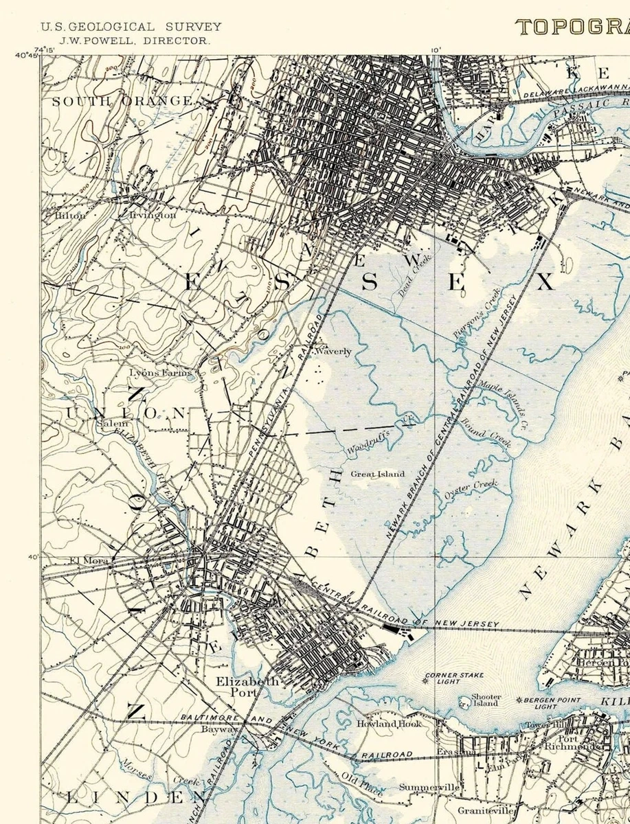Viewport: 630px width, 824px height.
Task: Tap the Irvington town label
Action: click(x=153, y=215)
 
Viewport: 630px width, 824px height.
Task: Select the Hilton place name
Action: click(x=69, y=216)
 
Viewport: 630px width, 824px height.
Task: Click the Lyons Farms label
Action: click(x=156, y=373)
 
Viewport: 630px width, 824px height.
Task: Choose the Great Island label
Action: click(x=377, y=474)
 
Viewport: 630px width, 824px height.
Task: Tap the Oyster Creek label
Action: click(x=471, y=489)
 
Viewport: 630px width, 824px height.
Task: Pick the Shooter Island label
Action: click(x=486, y=700)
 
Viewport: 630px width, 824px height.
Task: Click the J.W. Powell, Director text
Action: click(x=134, y=41)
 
